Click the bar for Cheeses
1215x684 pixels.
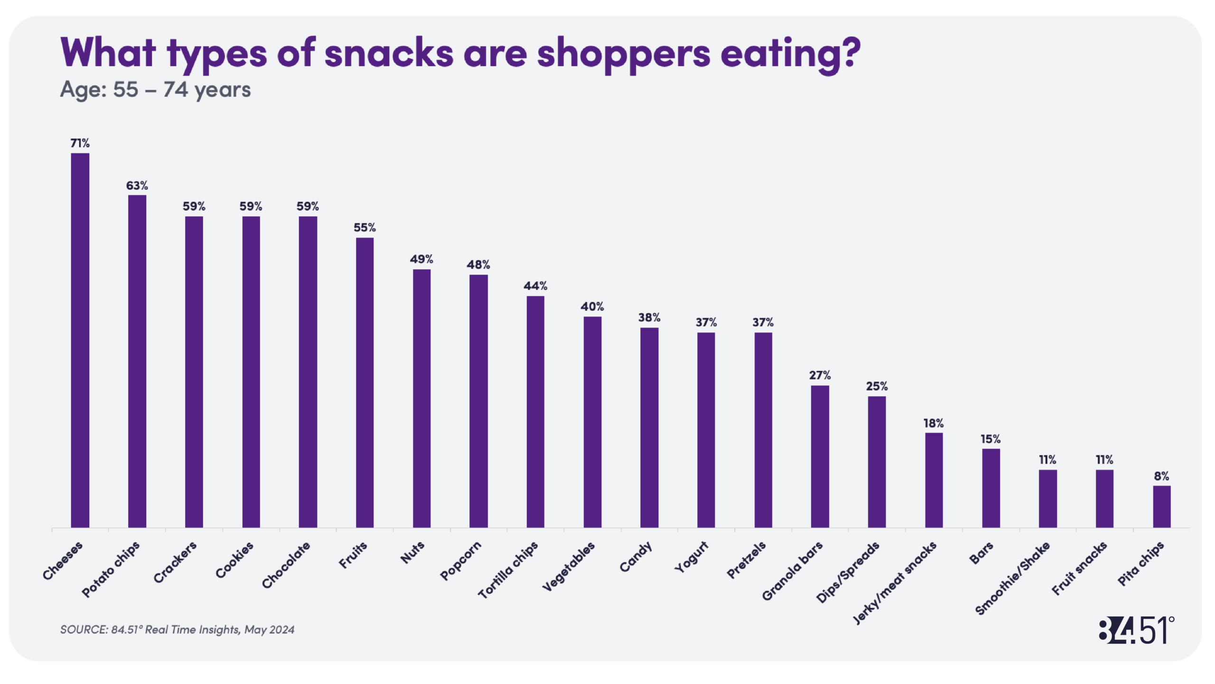pos(80,340)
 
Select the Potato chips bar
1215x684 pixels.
pos(137,361)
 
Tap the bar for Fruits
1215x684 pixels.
pos(364,382)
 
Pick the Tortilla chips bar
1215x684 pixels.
pos(535,411)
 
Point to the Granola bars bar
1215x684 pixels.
pos(820,456)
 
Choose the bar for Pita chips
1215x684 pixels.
pos(1161,506)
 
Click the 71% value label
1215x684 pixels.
pos(80,143)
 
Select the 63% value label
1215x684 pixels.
pos(137,185)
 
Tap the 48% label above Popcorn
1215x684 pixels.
pos(478,265)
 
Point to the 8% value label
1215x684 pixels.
pos(1161,476)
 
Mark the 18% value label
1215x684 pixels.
pos(934,423)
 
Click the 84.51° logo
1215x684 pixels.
pos(1136,630)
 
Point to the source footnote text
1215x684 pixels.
pos(177,629)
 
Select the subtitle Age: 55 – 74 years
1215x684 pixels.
pos(155,89)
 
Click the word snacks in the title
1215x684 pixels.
pos(389,53)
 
